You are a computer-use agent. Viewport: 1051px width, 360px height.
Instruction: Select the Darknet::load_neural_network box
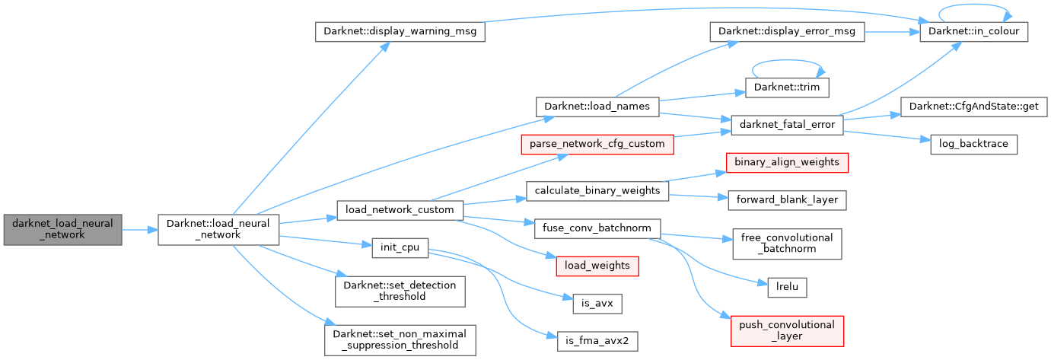click(218, 229)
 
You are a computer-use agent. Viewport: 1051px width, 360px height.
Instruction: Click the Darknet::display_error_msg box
click(782, 32)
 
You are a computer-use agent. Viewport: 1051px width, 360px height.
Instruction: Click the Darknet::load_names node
click(597, 107)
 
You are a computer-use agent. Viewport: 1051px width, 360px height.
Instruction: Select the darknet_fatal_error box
click(786, 124)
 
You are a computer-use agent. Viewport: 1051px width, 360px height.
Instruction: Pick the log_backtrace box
click(973, 143)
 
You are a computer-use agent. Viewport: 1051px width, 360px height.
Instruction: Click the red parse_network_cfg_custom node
click(596, 143)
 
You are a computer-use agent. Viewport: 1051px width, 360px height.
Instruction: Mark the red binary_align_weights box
click(786, 161)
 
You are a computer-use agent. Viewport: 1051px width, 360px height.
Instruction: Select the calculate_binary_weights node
click(597, 190)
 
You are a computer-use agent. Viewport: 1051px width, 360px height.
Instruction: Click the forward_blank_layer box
click(787, 199)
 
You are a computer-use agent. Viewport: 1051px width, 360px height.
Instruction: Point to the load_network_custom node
click(400, 209)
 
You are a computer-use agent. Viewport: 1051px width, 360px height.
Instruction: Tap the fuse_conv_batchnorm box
click(597, 228)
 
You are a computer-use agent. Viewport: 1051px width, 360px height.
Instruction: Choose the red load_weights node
click(597, 266)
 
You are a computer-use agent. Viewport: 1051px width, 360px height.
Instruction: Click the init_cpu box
click(400, 247)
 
